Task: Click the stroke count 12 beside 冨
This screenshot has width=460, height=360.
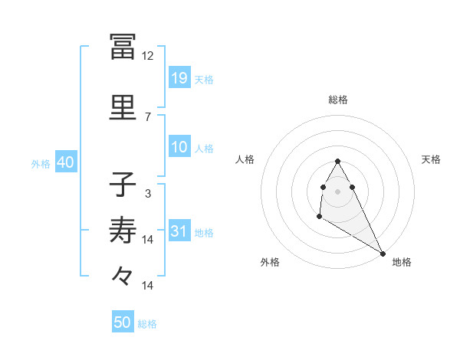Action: coord(148,56)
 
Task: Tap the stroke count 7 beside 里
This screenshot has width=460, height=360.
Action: coord(148,116)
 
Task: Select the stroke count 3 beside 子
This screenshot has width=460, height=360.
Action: coord(148,194)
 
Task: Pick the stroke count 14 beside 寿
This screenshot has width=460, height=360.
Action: coord(148,240)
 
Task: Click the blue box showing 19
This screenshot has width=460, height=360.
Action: coord(179,78)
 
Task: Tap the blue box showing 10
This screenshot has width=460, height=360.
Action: coord(179,148)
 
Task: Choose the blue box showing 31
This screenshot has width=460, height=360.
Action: coord(179,231)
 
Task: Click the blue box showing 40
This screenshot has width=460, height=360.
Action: coord(64,162)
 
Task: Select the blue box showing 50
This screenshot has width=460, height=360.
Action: coord(123,322)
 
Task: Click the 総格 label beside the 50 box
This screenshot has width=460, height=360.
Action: coord(148,324)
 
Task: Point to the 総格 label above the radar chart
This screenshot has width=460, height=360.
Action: coord(338,100)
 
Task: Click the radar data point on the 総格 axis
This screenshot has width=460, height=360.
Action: coord(337,161)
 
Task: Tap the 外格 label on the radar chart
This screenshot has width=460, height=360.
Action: coord(270,262)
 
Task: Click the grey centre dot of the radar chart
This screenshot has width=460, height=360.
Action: coord(337,191)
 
